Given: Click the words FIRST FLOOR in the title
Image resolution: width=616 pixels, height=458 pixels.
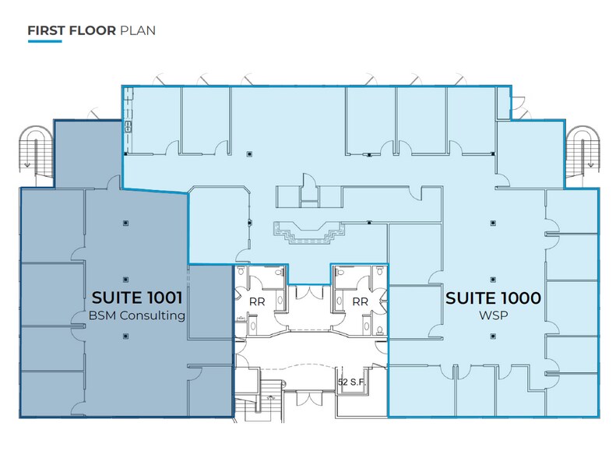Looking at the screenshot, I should pyautogui.click(x=72, y=31).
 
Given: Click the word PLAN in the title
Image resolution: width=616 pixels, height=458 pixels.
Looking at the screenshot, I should pyautogui.click(x=138, y=31).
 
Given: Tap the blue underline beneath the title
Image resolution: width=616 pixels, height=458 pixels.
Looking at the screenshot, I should pyautogui.click(x=44, y=41).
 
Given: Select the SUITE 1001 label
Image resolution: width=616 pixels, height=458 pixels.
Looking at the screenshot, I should pyautogui.click(x=137, y=297).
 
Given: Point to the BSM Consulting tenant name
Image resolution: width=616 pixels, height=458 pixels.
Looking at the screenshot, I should pyautogui.click(x=137, y=315).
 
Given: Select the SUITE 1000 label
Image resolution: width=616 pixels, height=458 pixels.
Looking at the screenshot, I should pyautogui.click(x=493, y=297).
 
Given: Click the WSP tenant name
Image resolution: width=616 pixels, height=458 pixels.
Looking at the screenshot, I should pyautogui.click(x=493, y=315).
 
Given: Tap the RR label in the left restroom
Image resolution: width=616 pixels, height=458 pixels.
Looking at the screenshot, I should pyautogui.click(x=254, y=301).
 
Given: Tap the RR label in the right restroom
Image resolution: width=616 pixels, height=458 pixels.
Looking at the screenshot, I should pyautogui.click(x=360, y=301).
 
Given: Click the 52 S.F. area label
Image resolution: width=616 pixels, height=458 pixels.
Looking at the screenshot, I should pyautogui.click(x=351, y=382).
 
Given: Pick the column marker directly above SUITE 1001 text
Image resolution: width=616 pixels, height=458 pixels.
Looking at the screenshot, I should pyautogui.click(x=123, y=224).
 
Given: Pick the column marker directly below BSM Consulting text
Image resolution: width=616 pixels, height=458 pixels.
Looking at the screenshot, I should pyautogui.click(x=123, y=336).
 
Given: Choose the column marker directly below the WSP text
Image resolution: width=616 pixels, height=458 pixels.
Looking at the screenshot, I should pyautogui.click(x=492, y=336).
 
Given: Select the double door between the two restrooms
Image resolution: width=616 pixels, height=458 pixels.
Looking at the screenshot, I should pyautogui.click(x=308, y=293).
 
